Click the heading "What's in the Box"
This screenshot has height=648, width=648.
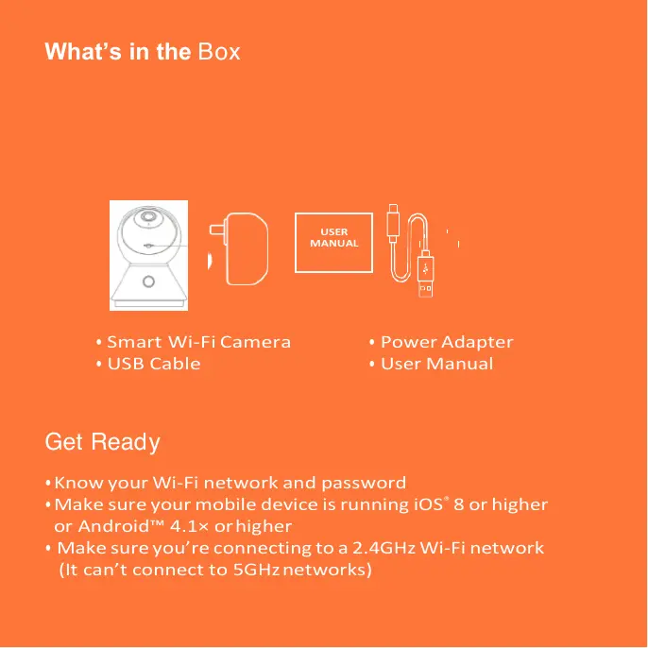pyautogui.click(x=143, y=52)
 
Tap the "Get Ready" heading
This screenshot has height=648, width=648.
pyautogui.click(x=102, y=442)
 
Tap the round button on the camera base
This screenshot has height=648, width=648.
pyautogui.click(x=148, y=281)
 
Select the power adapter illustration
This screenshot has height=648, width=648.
pyautogui.click(x=247, y=247)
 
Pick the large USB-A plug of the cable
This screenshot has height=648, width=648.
pyautogui.click(x=425, y=284)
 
